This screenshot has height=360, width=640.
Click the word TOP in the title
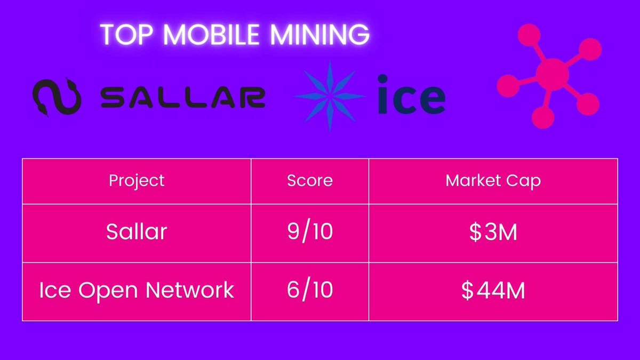[x=122, y=35]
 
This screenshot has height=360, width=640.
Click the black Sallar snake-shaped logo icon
[x=57, y=98]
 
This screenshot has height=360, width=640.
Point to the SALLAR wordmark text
[x=182, y=98]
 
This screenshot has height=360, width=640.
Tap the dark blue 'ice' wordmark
[x=411, y=95]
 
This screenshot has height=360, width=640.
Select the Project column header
[x=137, y=180]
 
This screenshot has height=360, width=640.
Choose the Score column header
[x=310, y=180]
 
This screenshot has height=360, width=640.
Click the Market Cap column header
[x=493, y=180]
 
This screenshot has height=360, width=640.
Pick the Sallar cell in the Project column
[x=137, y=232]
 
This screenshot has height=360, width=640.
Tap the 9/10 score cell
[x=310, y=232]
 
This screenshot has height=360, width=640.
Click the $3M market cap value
[x=493, y=233]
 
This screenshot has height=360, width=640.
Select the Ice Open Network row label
[x=137, y=290]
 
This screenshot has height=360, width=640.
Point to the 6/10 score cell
[x=310, y=290]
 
